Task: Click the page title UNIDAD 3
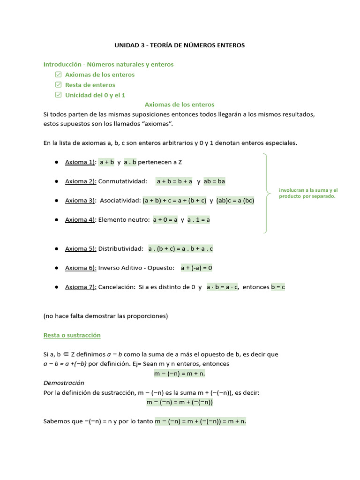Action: click(180, 45)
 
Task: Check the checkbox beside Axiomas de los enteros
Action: click(59, 75)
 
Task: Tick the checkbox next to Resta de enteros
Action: click(59, 85)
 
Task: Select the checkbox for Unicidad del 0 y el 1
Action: click(59, 95)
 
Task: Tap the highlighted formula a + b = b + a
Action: click(174, 181)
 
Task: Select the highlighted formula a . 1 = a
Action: click(199, 220)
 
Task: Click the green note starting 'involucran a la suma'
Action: click(308, 193)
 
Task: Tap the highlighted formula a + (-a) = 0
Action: click(196, 268)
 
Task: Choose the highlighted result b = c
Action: click(277, 287)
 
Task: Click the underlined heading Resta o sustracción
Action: click(72, 336)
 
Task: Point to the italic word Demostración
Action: click(64, 383)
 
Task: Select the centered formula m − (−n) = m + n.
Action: click(180, 374)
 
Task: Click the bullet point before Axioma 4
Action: click(56, 220)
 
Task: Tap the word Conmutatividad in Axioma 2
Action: click(122, 181)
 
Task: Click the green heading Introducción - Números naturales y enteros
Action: click(108, 64)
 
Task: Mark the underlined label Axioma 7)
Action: click(81, 287)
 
